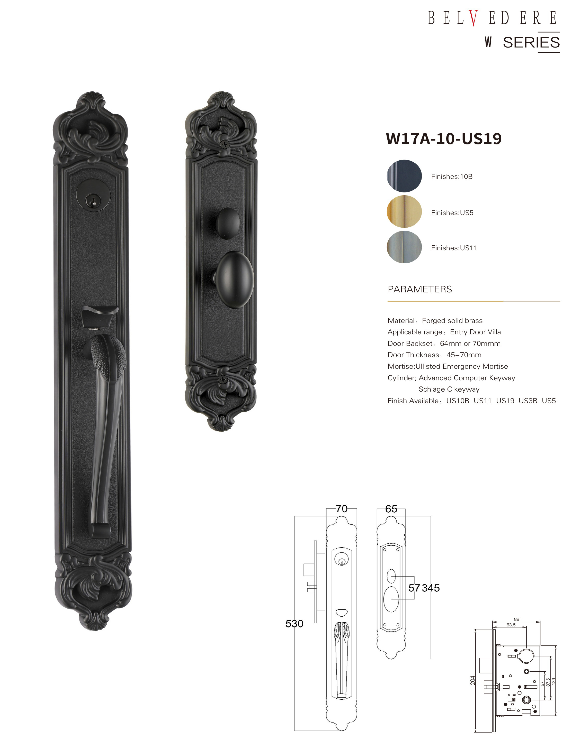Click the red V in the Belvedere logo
pyautogui.click(x=473, y=18)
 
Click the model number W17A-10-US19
pyautogui.click(x=444, y=139)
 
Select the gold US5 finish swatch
pyautogui.click(x=404, y=211)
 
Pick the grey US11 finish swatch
pyautogui.click(x=404, y=247)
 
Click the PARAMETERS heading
pyautogui.click(x=420, y=289)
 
